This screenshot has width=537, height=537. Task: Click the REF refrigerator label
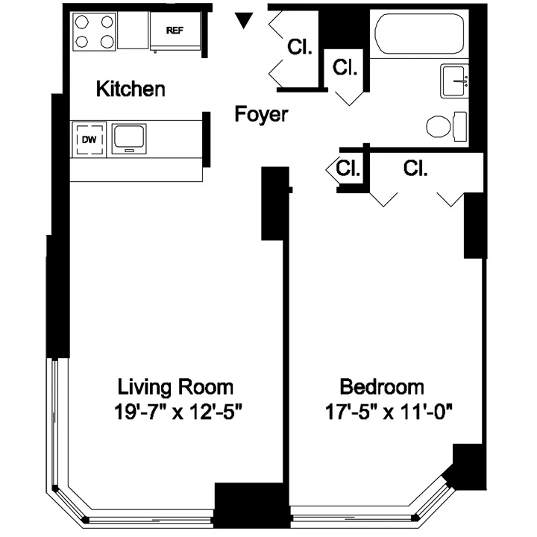click(174, 31)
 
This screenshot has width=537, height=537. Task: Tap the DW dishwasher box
click(89, 139)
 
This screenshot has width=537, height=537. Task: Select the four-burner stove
click(95, 31)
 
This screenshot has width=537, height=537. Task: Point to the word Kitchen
click(131, 89)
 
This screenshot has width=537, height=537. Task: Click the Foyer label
click(260, 115)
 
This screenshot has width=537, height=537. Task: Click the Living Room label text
click(176, 387)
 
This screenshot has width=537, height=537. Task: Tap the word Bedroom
click(382, 387)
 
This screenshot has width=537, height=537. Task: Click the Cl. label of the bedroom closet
click(415, 169)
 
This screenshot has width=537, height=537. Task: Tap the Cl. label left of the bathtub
click(346, 68)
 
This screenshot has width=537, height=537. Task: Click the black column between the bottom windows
click(251, 506)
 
